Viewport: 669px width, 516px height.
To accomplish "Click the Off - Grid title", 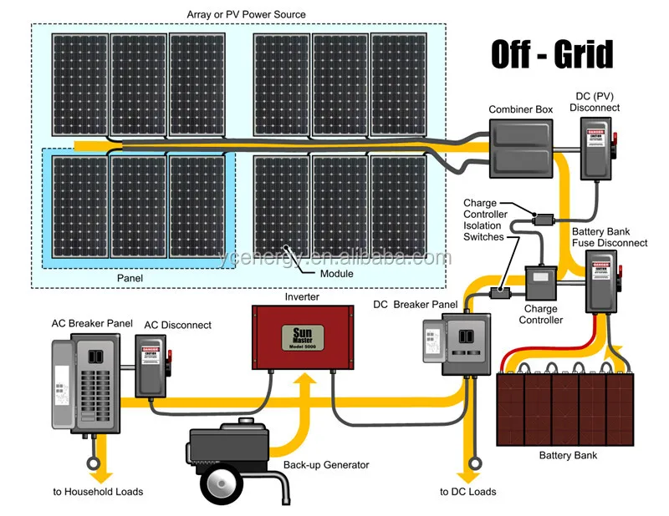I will pos(552,54).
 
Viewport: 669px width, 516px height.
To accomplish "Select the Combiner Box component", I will pos(521,148).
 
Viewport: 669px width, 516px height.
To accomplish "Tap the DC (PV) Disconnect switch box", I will pos(597,147).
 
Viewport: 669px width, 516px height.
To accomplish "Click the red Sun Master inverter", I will pos(301,336).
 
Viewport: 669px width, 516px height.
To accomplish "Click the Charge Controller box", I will pos(540,285).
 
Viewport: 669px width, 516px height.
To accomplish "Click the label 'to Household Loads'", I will pos(98,492).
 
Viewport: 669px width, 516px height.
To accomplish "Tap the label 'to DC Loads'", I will pos(468,492).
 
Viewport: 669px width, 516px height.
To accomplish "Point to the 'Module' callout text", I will pos(336,274).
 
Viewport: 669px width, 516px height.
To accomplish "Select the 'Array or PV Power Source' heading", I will pos(246,14).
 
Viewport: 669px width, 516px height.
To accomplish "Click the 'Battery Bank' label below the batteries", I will pos(568,455).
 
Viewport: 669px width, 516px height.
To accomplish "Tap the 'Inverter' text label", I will pos(302,296).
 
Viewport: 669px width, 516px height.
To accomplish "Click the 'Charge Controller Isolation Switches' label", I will pos(485,220).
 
